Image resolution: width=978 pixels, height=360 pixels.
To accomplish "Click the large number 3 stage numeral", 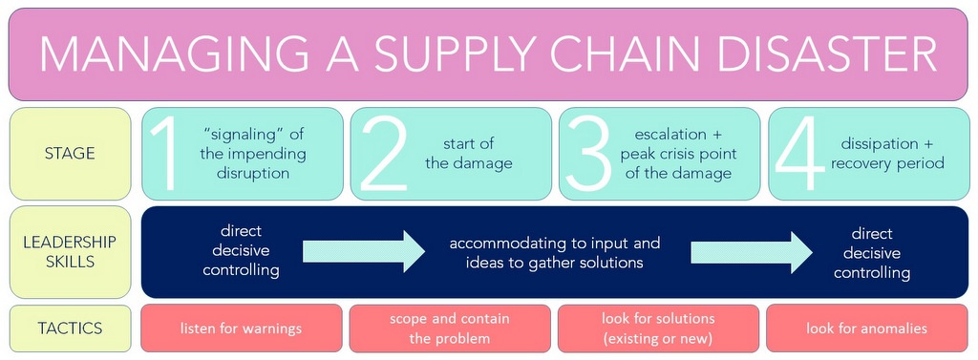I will point(588,154).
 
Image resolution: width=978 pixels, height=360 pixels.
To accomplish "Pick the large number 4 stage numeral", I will point(798,154).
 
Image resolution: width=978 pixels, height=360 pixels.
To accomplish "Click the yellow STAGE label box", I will point(71,154).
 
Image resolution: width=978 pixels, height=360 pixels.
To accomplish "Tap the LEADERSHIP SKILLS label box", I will point(71,252).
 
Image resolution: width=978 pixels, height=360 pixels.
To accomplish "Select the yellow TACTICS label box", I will point(71,328).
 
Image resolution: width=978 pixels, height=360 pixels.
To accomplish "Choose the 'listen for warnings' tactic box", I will point(241,328).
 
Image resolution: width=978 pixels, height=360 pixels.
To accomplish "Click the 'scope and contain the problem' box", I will point(450,328).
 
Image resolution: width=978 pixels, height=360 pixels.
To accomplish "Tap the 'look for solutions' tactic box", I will point(658,328).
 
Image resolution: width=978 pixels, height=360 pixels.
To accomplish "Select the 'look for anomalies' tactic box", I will point(866,328).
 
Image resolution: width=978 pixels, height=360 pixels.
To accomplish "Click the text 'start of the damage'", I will point(468,154).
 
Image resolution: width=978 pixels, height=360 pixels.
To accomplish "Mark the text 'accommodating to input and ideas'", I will point(555,252).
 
